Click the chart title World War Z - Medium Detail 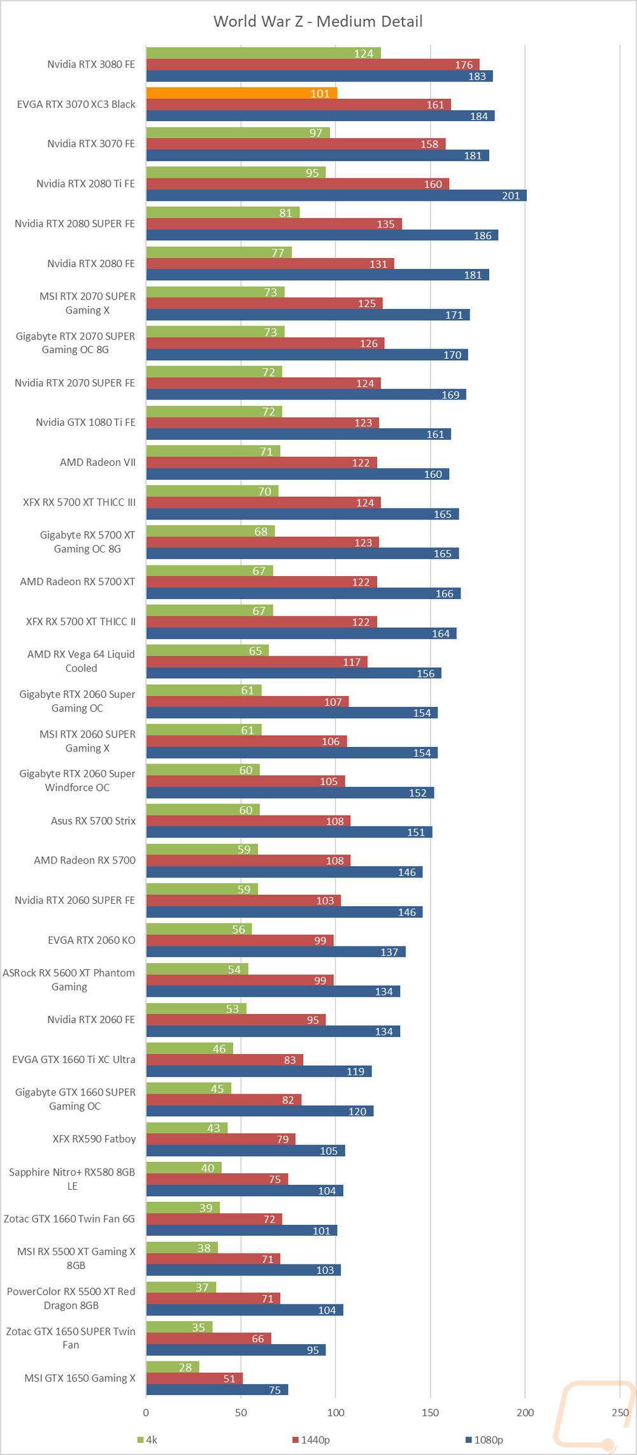[318, 22]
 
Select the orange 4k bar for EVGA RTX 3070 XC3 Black [241, 93]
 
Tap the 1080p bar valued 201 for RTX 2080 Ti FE [336, 196]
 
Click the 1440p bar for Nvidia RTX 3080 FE [312, 64]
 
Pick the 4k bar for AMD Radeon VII [213, 451]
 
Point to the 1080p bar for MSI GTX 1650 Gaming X [217, 1389]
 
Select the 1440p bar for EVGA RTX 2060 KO [240, 941]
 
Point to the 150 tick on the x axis [430, 1412]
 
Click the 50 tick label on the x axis [241, 1412]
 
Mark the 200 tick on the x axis [525, 1412]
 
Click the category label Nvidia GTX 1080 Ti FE [85, 423]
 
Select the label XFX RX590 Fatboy [94, 1139]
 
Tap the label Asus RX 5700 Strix [93, 821]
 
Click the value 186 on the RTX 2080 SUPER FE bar [482, 236]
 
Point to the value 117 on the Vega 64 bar [352, 662]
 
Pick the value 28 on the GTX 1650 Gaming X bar [185, 1367]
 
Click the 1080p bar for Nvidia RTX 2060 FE [273, 1031]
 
